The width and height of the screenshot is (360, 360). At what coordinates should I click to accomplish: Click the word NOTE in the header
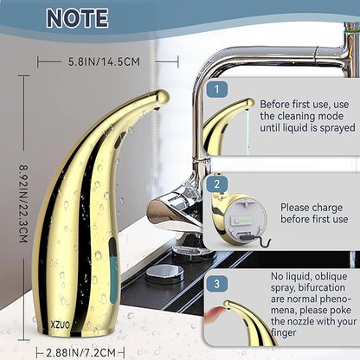tap(77, 18)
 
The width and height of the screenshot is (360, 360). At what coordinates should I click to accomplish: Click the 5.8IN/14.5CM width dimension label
tap(104, 61)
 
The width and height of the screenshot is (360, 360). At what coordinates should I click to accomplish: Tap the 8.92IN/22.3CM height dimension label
tap(23, 203)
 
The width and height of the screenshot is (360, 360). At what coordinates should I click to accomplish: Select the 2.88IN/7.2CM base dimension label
tap(81, 352)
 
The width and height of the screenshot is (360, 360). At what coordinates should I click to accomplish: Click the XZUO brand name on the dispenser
tap(61, 325)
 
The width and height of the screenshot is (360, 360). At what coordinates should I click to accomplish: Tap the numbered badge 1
tap(217, 89)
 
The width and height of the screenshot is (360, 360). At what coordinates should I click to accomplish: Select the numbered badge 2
tap(217, 184)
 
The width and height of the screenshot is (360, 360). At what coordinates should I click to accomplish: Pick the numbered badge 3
tap(217, 284)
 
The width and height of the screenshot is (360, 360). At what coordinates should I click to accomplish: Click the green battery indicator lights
tap(244, 222)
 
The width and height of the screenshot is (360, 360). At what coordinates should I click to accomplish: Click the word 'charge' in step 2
tap(327, 209)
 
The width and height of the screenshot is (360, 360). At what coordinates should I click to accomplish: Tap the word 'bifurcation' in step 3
tap(321, 287)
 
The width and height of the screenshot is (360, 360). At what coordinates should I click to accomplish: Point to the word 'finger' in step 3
tap(284, 333)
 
